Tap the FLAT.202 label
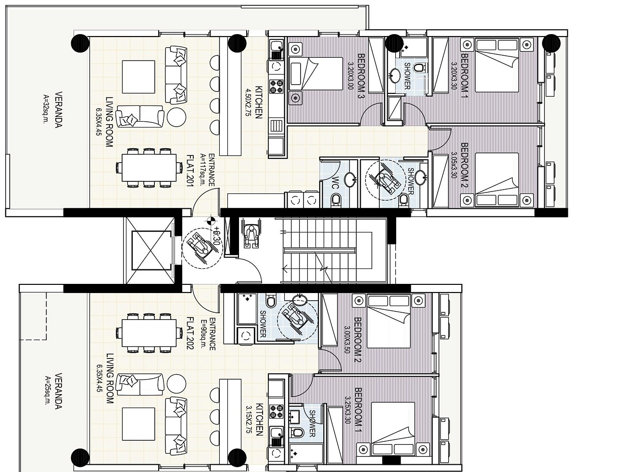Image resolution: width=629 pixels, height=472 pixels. [190, 333]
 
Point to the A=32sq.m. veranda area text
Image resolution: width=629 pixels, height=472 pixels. [45, 109]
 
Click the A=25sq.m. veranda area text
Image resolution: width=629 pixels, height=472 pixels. [48, 390]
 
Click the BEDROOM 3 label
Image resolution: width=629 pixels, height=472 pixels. [361, 76]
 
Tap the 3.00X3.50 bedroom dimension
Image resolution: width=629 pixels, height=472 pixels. [348, 340]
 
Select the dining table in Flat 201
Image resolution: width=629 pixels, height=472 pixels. [149, 167]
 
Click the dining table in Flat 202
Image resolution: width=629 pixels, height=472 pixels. [149, 333]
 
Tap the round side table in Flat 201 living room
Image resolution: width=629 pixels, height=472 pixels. [176, 117]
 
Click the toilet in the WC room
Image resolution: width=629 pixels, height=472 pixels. [336, 200]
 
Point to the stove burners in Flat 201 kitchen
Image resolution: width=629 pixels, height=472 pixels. [276, 87]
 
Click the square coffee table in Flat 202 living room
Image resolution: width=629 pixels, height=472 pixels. [138, 424]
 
